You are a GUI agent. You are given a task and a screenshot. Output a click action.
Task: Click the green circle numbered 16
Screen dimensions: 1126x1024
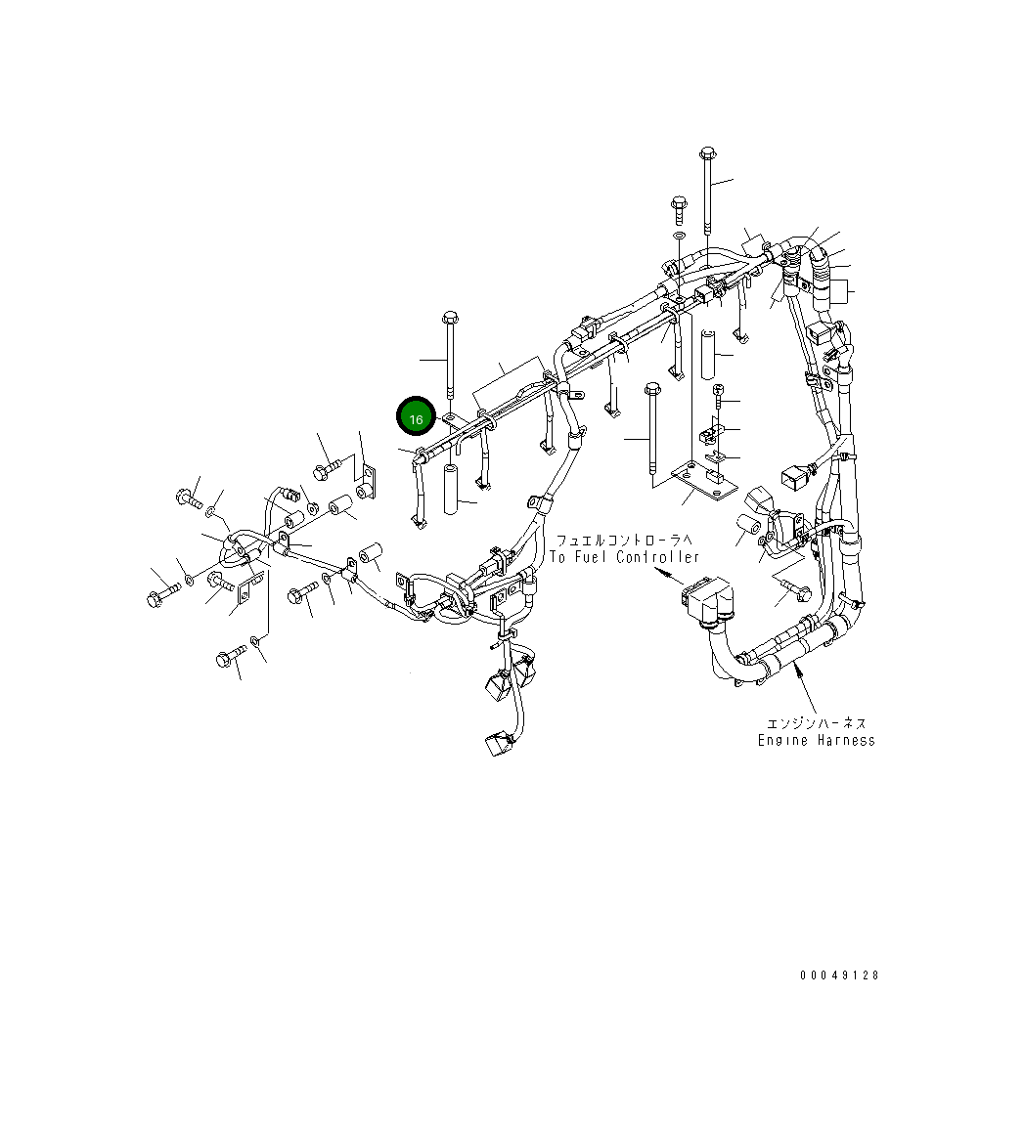(416, 418)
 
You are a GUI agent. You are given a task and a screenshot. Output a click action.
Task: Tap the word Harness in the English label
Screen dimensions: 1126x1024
(847, 740)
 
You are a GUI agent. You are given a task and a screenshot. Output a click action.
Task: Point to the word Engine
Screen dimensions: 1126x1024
(784, 740)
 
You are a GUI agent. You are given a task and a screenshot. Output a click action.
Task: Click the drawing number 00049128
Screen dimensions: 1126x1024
(838, 975)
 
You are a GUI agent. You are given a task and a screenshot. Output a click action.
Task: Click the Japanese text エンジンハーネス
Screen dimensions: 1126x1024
(816, 723)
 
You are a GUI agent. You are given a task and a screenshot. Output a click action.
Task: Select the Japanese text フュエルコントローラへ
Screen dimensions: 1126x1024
(624, 540)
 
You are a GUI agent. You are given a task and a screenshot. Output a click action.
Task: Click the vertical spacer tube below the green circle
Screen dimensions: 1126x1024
(451, 490)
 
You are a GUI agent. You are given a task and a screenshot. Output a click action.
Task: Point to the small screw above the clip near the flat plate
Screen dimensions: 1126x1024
(717, 392)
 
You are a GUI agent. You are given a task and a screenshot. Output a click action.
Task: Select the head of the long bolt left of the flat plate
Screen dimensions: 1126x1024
(650, 389)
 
